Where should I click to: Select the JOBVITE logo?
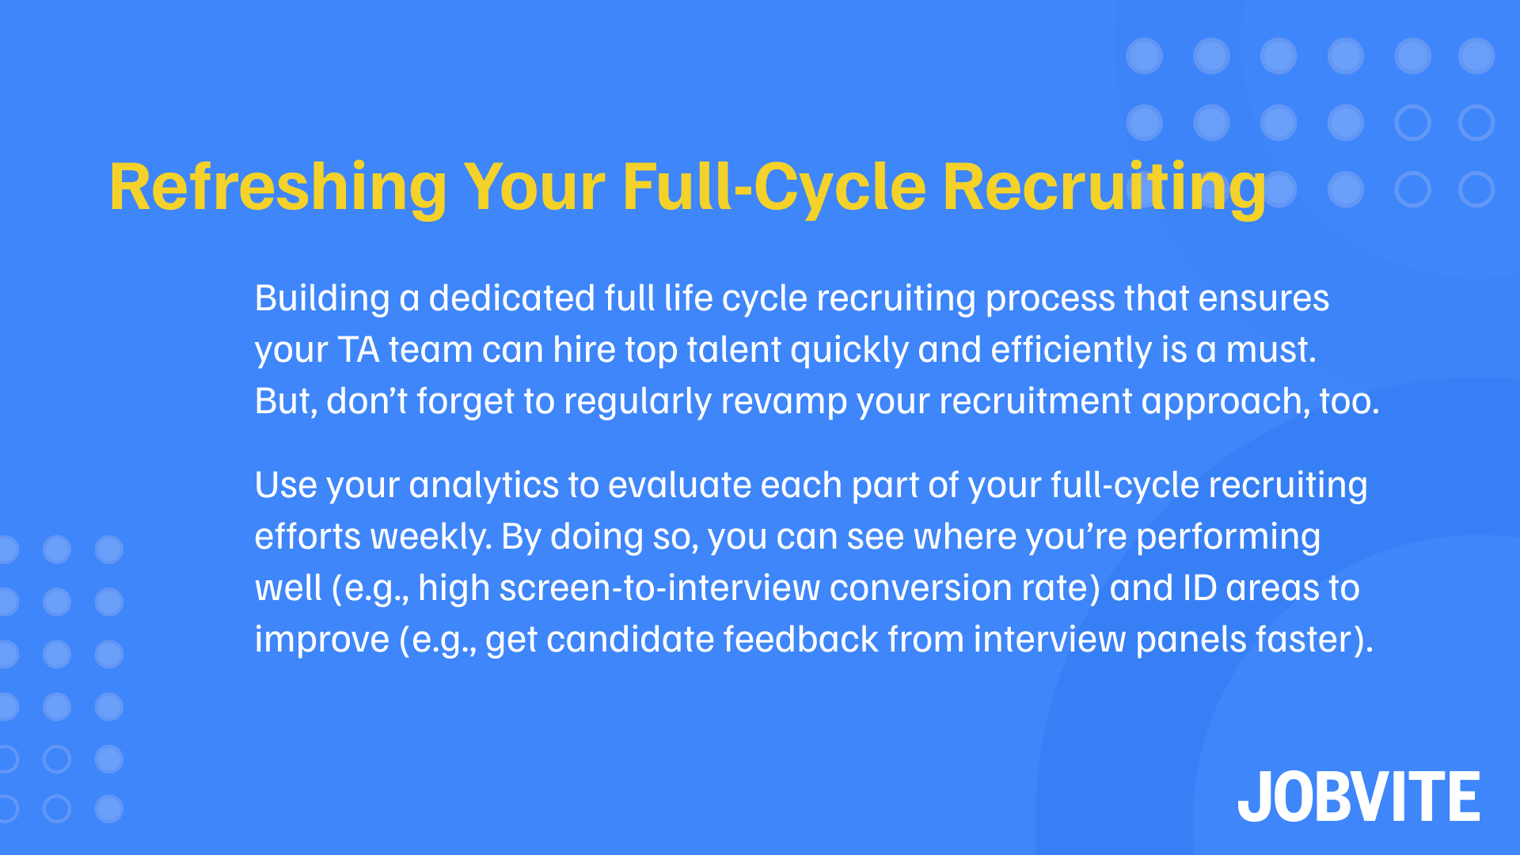coord(1358,796)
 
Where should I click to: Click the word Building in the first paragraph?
coord(322,299)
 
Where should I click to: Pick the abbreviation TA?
coord(359,350)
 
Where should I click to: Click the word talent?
coord(734,350)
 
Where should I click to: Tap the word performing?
coord(1228,537)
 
